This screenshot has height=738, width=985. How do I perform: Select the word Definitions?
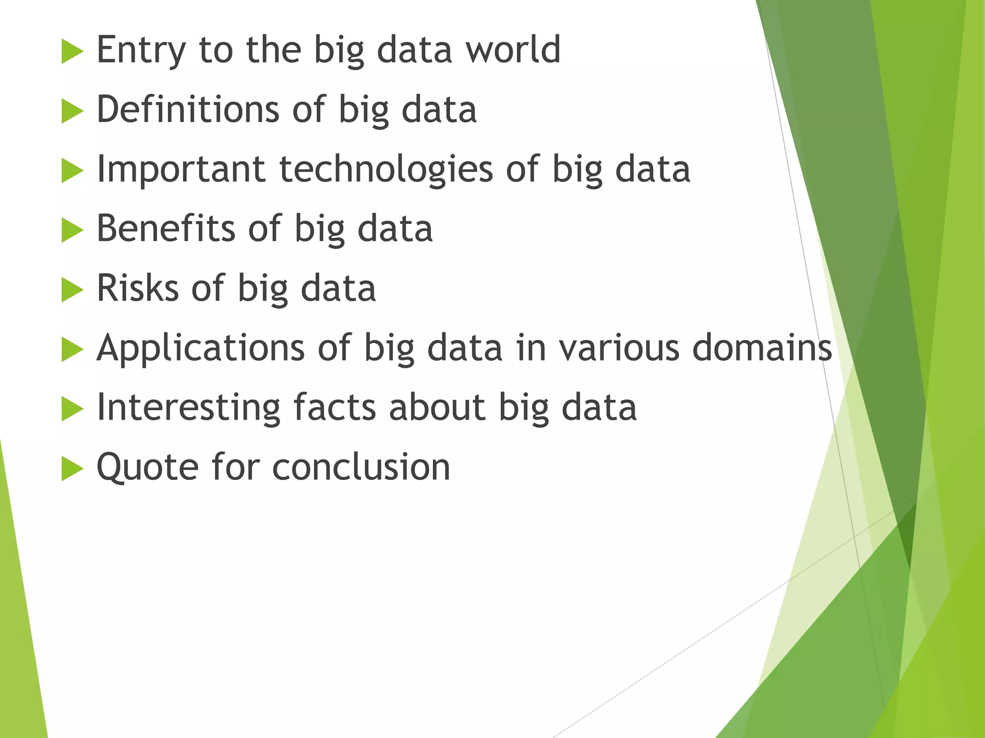188,109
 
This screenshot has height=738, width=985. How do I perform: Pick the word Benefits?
165,228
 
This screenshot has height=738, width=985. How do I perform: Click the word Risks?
138,288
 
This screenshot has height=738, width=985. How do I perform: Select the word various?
619,347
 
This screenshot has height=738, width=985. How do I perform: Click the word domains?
762,347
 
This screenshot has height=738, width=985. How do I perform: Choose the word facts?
334,407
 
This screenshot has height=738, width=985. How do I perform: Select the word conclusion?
361,467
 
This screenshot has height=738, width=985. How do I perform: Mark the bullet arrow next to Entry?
72,52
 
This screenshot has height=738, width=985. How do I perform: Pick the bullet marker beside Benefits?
72,231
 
